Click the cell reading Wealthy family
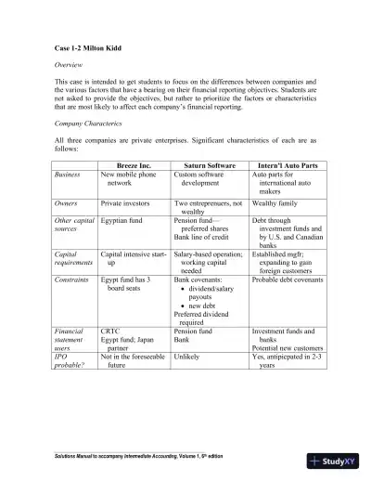click(277, 201)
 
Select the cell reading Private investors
click(125, 201)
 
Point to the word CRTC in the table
click(111, 330)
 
